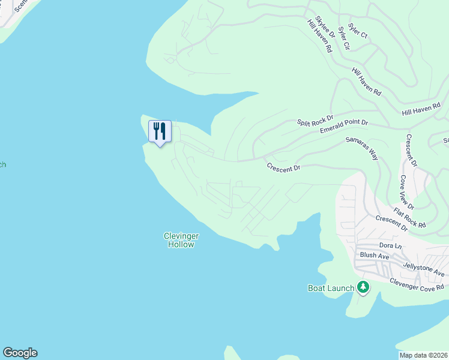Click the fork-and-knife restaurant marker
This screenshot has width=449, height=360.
160,131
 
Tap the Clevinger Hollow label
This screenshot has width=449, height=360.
180,240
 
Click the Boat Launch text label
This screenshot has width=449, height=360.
331,288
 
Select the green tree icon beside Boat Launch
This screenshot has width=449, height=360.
363,287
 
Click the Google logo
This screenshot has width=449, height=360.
20,353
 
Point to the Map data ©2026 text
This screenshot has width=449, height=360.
423,355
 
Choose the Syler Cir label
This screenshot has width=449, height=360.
344,37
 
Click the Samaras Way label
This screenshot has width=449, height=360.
362,147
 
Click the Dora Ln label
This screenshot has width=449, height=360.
390,245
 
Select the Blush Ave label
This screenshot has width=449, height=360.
375,256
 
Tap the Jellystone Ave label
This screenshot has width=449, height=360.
424,268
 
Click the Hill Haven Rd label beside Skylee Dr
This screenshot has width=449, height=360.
319,37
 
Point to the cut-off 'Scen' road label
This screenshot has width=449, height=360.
21,5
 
